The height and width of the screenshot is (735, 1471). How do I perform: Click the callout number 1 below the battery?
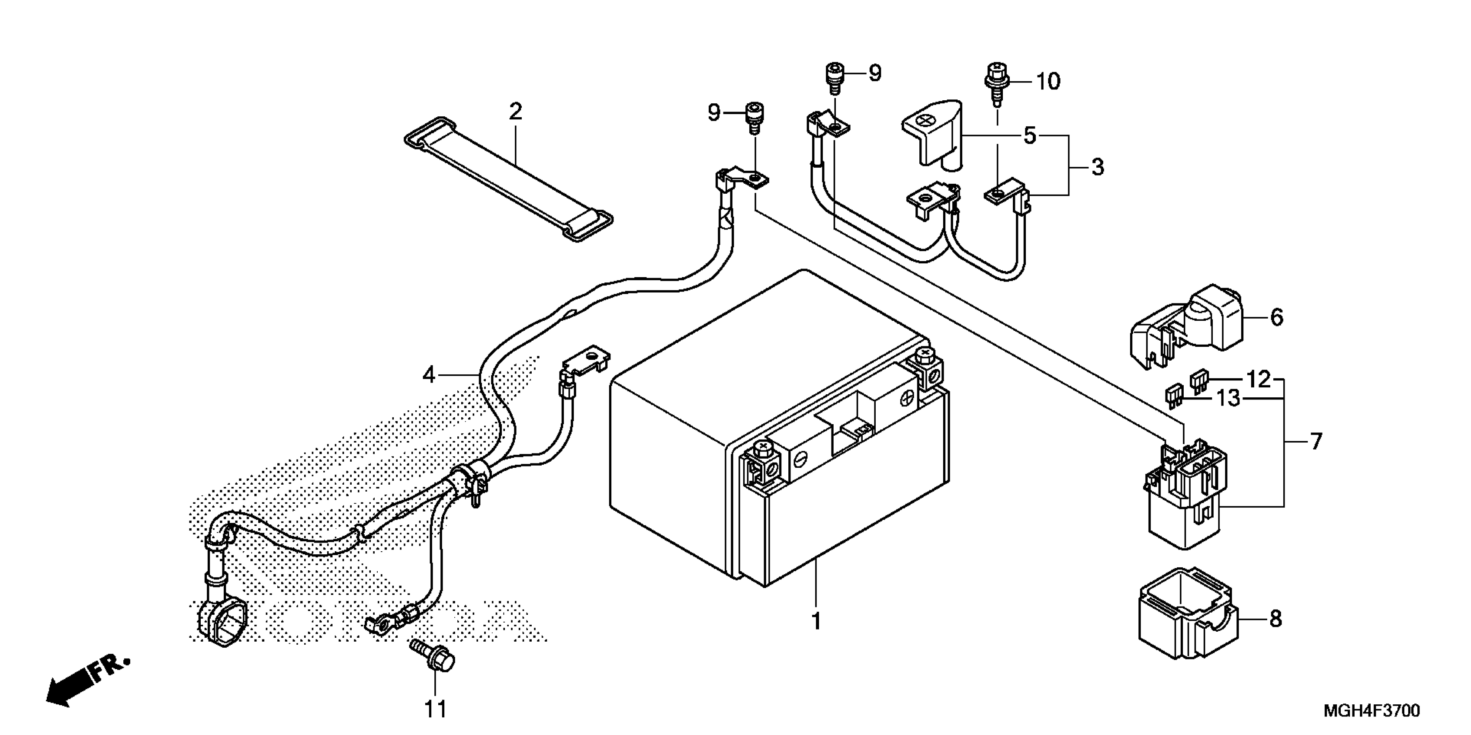(x=816, y=621)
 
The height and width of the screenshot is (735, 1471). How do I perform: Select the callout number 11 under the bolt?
(x=435, y=709)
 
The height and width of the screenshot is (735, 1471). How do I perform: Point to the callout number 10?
(x=1048, y=82)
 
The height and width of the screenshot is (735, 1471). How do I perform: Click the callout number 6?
(x=1276, y=317)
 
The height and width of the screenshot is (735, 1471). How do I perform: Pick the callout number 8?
(x=1275, y=619)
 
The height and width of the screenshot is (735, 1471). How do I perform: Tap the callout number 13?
(x=1228, y=398)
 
